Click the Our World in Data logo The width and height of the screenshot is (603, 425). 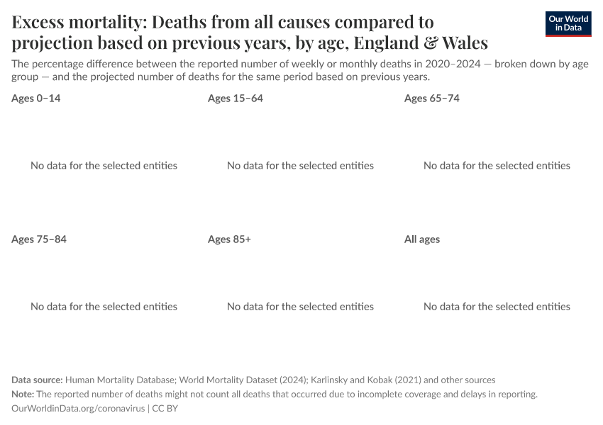(x=568, y=24)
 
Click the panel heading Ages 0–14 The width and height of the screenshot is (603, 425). (x=36, y=98)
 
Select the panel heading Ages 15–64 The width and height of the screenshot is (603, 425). (x=236, y=98)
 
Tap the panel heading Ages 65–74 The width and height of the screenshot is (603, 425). (x=432, y=98)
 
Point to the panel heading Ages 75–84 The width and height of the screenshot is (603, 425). (x=39, y=239)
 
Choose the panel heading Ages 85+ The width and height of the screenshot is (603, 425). (x=229, y=239)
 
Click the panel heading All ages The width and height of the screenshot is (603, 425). (x=422, y=239)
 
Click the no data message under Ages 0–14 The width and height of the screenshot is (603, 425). (x=104, y=166)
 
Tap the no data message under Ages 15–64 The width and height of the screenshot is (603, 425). (x=300, y=166)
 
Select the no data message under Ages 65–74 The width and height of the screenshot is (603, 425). (x=497, y=166)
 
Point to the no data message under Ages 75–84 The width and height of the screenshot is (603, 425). (x=104, y=307)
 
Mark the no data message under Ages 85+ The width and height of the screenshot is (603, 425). (x=300, y=307)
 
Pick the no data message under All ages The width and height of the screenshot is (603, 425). (x=497, y=307)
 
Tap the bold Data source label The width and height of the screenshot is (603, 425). (x=37, y=380)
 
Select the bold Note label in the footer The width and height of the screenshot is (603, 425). (x=23, y=395)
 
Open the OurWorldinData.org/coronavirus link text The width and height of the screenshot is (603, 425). (x=78, y=409)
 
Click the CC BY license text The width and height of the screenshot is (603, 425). (x=168, y=409)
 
